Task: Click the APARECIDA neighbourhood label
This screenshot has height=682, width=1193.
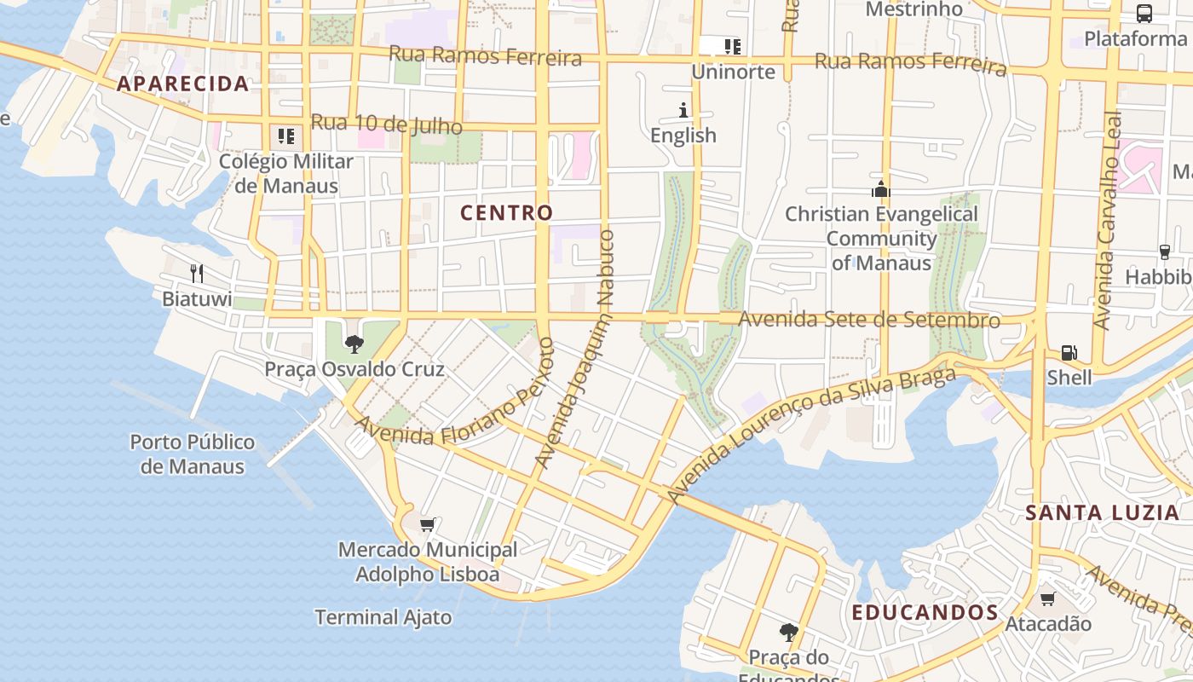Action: [x=182, y=84]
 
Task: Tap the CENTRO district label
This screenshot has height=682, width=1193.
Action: [x=507, y=212]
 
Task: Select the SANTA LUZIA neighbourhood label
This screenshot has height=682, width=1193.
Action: [x=1102, y=512]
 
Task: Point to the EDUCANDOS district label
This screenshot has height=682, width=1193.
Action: [x=925, y=612]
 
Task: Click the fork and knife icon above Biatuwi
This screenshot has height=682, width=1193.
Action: [x=197, y=273]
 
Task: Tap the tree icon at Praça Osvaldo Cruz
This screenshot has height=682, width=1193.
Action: [x=354, y=344]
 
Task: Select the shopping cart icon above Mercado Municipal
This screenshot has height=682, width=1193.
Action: [x=428, y=524]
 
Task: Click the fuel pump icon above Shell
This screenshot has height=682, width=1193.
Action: [x=1069, y=352]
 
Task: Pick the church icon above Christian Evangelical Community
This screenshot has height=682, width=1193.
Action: [x=880, y=189]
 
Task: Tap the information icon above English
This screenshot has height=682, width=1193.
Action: [x=683, y=110]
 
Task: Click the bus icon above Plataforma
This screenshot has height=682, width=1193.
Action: [x=1144, y=14]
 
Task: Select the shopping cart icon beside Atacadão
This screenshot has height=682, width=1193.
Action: [x=1048, y=598]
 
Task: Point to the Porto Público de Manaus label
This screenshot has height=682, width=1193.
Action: [x=193, y=454]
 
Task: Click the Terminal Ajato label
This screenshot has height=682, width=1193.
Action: [x=383, y=617]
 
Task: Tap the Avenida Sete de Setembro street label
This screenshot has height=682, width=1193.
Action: [x=869, y=320]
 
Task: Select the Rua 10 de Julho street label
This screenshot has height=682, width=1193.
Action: [x=386, y=124]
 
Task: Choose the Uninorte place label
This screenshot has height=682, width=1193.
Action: [x=733, y=72]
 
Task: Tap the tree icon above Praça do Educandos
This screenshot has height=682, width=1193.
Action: [x=789, y=632]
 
